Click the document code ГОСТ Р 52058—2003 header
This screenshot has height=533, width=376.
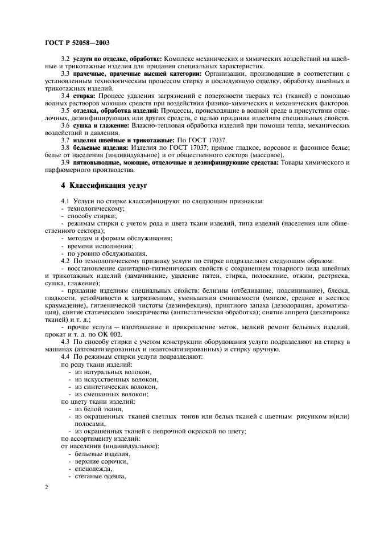(x=77, y=43)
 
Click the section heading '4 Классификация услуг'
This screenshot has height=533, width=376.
(x=105, y=186)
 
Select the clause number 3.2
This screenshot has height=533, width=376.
(x=65, y=59)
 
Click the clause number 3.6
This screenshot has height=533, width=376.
(x=65, y=125)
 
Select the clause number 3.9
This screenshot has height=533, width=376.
(x=65, y=162)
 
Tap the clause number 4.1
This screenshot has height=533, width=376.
(x=65, y=201)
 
